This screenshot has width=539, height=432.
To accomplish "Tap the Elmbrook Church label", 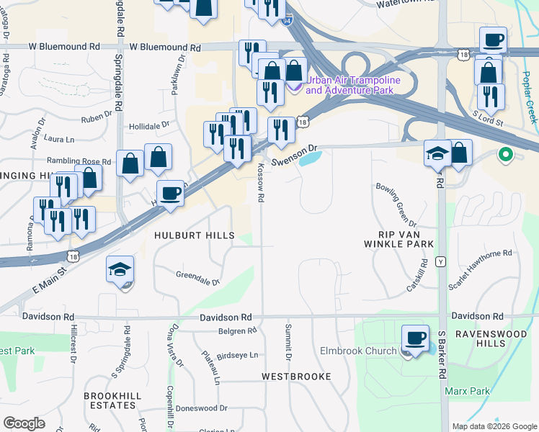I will [x=358, y=351].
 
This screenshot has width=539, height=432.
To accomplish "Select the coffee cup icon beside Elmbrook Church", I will [x=415, y=338].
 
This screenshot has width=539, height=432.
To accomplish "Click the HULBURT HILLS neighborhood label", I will [x=195, y=235].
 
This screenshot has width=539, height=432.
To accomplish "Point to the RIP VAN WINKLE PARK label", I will [x=406, y=239].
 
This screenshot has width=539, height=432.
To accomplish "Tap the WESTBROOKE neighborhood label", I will [x=296, y=377].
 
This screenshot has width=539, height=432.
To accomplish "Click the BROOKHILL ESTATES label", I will [x=110, y=400].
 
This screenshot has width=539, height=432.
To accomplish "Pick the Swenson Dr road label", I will [x=295, y=151].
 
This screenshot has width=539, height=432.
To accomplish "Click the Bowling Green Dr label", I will [x=393, y=203].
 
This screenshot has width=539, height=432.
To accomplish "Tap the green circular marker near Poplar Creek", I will [x=506, y=154].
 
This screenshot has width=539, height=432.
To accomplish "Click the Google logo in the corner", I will [x=24, y=423].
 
